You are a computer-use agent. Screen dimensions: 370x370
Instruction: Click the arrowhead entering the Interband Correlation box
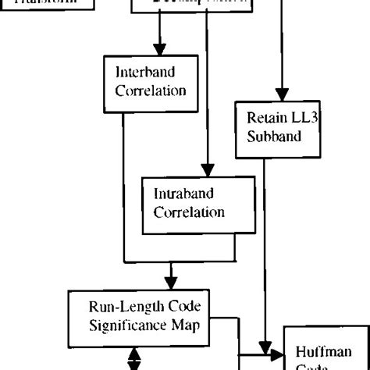pyautogui.click(x=160, y=48)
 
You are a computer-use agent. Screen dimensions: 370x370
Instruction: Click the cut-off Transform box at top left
pyautogui.click(x=47, y=5)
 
